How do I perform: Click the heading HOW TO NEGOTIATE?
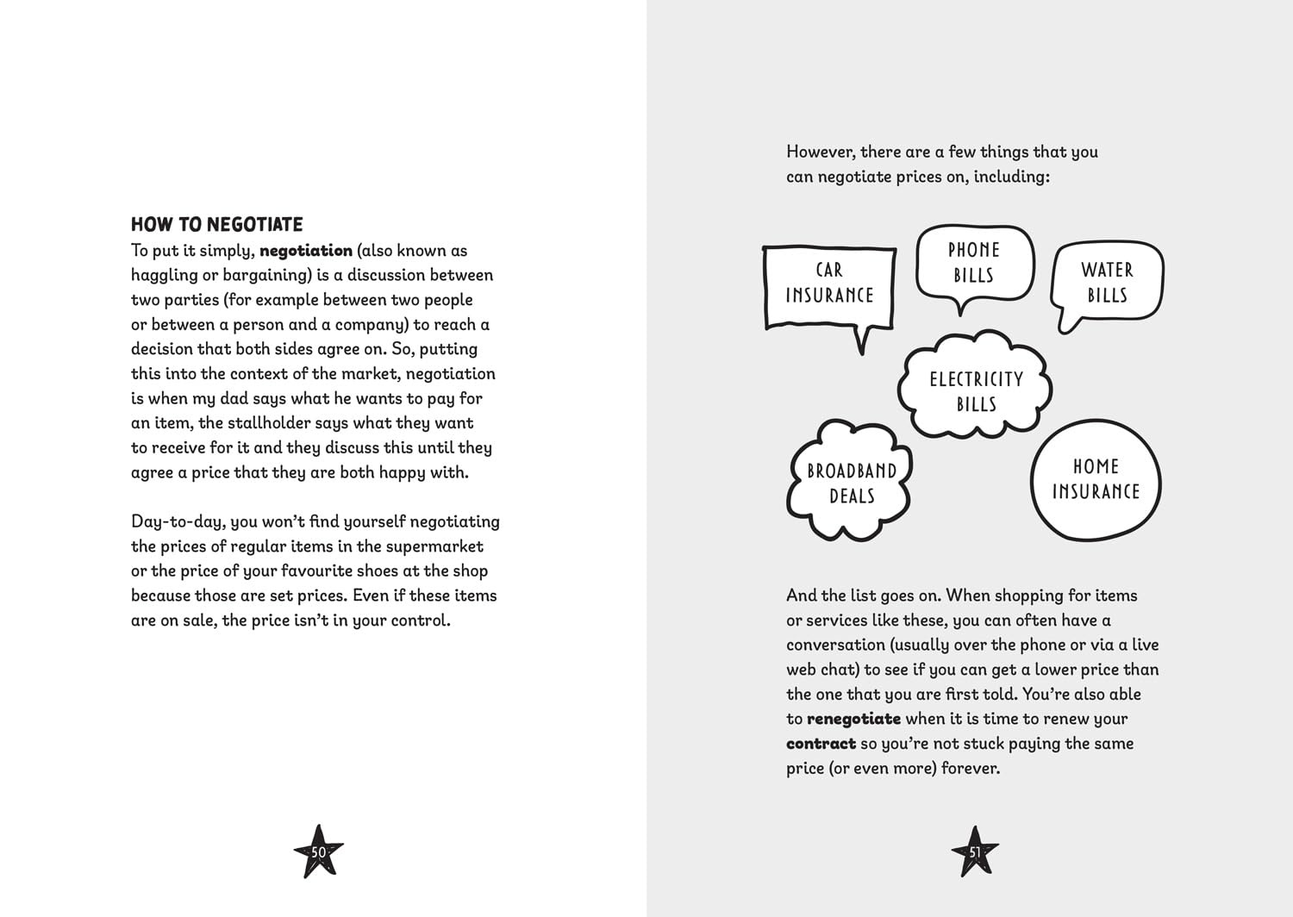[216, 225]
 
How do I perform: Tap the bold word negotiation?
[305, 251]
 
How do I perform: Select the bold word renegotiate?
[853, 719]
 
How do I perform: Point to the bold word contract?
[821, 744]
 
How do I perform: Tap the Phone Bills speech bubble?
[974, 263]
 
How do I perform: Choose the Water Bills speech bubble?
[1108, 283]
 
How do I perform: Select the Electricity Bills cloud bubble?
[976, 391]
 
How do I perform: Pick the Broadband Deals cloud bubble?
[851, 483]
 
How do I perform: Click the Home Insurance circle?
[1096, 479]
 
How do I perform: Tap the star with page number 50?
[318, 851]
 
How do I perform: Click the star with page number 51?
[975, 851]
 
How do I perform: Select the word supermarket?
[434, 546]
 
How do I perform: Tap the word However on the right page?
[820, 153]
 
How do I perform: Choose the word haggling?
[164, 276]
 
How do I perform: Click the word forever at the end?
[970, 769]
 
